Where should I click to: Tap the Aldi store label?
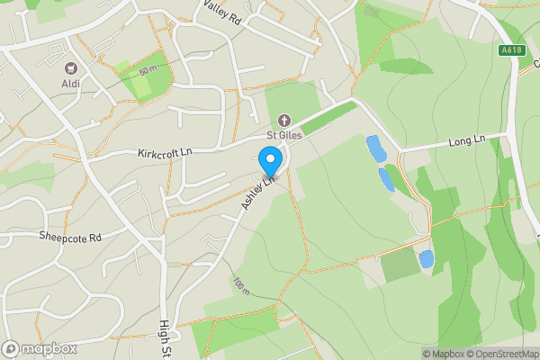click(x=70, y=84)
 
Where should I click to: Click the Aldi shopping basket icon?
click(x=70, y=67)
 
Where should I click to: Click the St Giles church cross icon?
click(x=283, y=120)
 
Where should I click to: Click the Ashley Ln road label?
click(x=256, y=194)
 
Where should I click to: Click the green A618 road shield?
click(x=510, y=51)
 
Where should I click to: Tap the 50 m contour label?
click(x=148, y=70)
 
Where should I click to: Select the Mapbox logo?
click(x=40, y=348)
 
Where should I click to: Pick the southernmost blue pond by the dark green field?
click(x=426, y=259)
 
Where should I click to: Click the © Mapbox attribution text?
click(x=445, y=354)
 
